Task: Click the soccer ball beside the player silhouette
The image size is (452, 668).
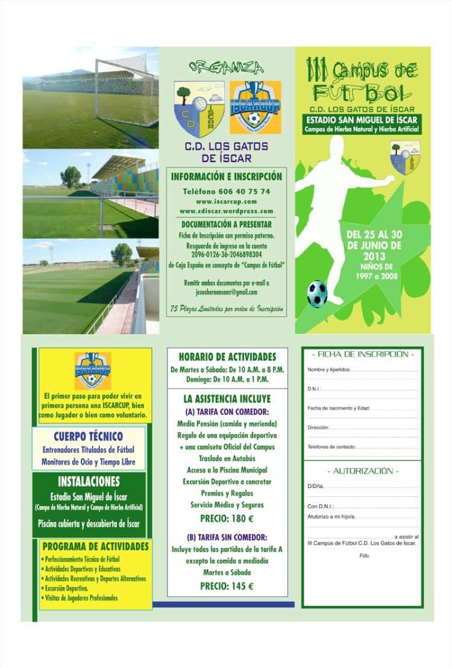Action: [x=317, y=293]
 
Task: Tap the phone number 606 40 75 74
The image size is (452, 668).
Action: [x=226, y=191]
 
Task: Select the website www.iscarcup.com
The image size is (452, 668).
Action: [x=226, y=201]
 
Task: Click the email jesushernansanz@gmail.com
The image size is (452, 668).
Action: [x=226, y=292]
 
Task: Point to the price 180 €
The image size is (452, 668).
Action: [x=227, y=519]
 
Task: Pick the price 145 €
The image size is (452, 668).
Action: [x=227, y=586]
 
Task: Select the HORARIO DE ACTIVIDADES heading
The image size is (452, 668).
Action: [x=227, y=357]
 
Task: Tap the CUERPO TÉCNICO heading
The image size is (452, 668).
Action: [x=88, y=436]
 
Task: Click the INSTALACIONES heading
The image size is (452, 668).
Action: [x=89, y=482]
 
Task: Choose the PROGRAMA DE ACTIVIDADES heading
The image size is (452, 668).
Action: [x=95, y=546]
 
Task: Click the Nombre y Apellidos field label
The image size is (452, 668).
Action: [x=329, y=369]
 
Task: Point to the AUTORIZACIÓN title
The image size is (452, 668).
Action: [x=362, y=471]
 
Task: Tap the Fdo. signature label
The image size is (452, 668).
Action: [x=364, y=555]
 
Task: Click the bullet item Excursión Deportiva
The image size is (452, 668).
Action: [x=66, y=588]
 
